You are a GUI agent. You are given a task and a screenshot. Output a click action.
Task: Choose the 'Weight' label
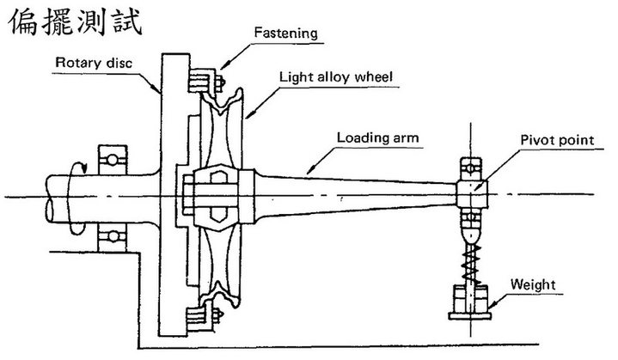click(x=533, y=284)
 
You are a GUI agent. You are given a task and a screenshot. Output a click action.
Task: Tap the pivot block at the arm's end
click(x=473, y=191)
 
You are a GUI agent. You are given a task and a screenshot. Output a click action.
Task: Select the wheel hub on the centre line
click(x=215, y=196)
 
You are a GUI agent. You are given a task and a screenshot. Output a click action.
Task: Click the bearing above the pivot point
click(x=473, y=165)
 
